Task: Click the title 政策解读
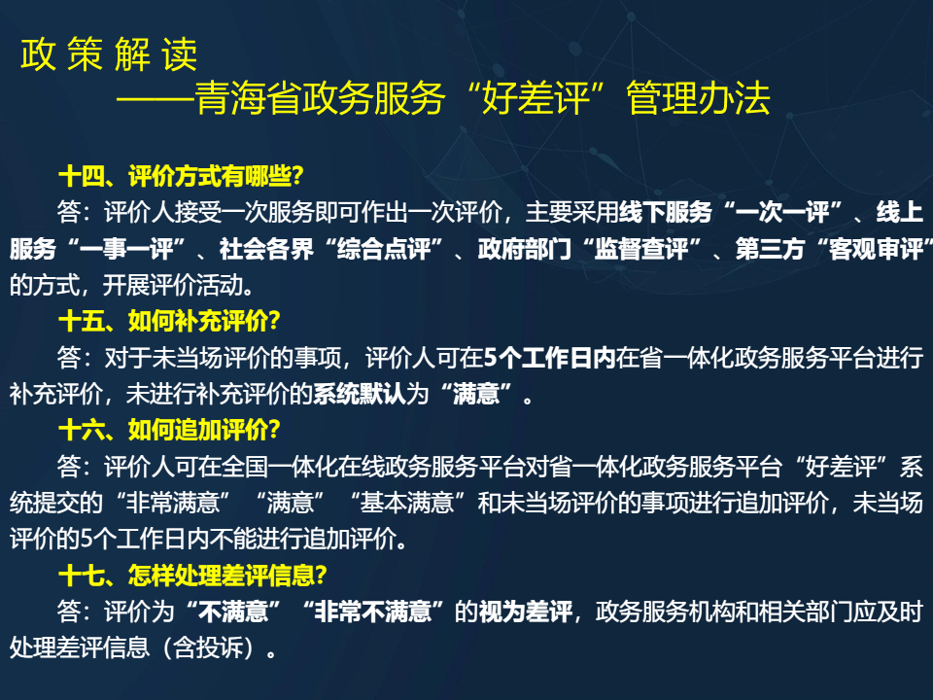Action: click(x=109, y=54)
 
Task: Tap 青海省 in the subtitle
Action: click(x=248, y=98)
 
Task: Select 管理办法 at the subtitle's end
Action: click(x=699, y=98)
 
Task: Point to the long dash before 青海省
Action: click(x=155, y=98)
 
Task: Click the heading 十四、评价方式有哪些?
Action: click(x=181, y=176)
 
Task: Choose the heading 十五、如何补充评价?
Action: click(x=169, y=321)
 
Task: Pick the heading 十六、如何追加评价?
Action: click(x=169, y=430)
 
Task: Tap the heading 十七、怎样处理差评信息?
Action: click(x=192, y=575)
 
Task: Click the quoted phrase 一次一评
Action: click(x=781, y=213)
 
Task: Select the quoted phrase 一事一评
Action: click(x=126, y=249)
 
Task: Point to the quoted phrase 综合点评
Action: click(x=384, y=249)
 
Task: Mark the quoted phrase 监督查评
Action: click(x=641, y=249)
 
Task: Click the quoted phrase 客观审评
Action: click(x=876, y=249)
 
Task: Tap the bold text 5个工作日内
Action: click(x=549, y=358)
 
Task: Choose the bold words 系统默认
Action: click(x=360, y=394)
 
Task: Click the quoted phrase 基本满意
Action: click(x=407, y=503)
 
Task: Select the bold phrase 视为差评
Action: click(x=526, y=612)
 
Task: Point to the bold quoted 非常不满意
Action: click(x=372, y=612)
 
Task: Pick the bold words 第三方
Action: click(x=770, y=249)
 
